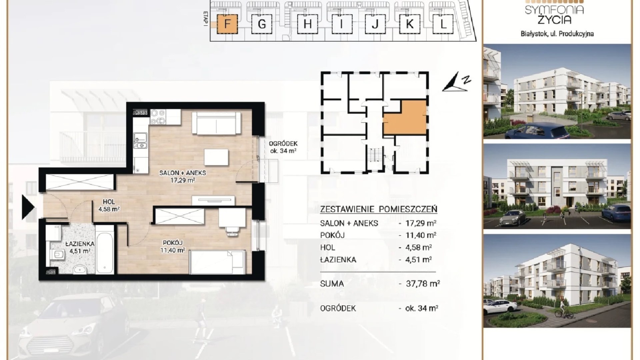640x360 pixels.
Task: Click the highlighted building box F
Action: pos(227,24)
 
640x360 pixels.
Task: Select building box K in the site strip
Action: pos(410,24)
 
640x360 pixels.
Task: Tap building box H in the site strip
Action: pos(307,24)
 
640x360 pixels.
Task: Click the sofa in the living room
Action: pos(216,123)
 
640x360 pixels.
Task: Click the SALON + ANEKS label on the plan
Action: pos(182,173)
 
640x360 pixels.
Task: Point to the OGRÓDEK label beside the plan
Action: pos(283,144)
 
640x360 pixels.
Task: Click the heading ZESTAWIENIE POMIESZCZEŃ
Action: pos(378,209)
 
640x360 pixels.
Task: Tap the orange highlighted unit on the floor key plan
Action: pos(405,117)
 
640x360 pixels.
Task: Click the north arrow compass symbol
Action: pos(456,82)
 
